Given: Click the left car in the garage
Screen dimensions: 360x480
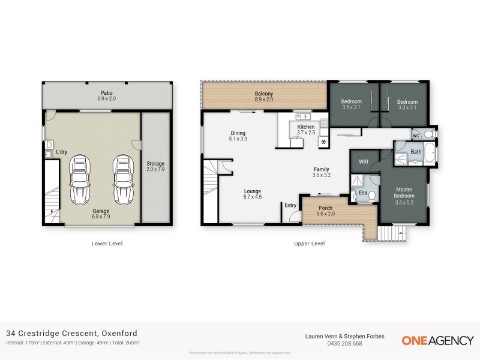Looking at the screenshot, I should tap(80, 179).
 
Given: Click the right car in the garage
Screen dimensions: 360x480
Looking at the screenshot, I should tap(122, 179).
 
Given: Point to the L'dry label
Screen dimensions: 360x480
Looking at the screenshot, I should tap(61, 152).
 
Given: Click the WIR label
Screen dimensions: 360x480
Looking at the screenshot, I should tap(363, 161).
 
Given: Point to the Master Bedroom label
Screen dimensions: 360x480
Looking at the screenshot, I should tap(404, 192).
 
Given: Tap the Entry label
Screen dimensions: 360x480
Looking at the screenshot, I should tap(290, 205).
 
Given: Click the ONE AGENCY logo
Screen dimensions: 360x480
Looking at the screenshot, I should tap(437, 340).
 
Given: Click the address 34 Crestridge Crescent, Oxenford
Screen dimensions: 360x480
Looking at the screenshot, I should tap(71, 333).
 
